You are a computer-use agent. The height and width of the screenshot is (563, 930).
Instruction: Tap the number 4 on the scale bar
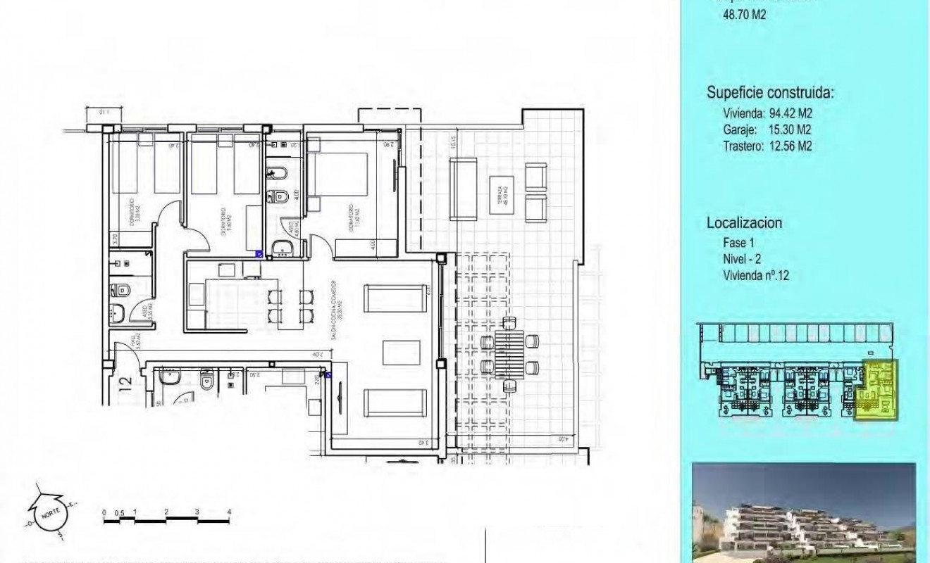(230, 512)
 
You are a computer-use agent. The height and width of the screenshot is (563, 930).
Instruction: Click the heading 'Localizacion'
(744, 223)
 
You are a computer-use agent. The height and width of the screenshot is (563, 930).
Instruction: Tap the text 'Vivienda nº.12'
(756, 276)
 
